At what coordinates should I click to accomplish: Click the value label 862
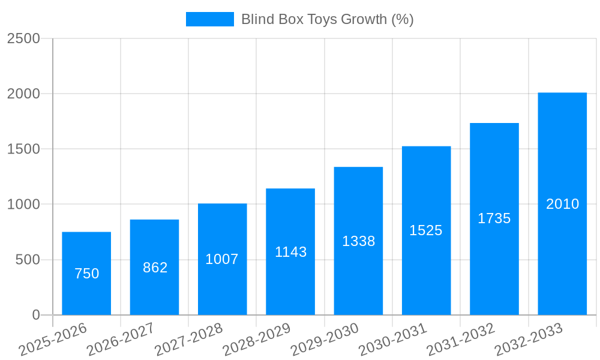click(155, 268)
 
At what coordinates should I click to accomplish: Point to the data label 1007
click(222, 259)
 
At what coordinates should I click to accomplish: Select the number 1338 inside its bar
click(358, 241)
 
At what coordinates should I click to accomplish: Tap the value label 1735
click(494, 218)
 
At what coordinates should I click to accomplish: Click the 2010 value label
click(562, 204)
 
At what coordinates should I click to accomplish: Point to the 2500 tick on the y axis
click(23, 38)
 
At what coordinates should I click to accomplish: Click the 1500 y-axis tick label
click(23, 149)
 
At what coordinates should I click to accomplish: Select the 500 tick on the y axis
click(28, 260)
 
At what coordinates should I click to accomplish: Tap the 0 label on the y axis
click(35, 315)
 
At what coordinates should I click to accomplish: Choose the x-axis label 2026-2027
click(121, 339)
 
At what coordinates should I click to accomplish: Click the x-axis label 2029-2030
click(325, 339)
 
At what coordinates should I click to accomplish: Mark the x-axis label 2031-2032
click(461, 339)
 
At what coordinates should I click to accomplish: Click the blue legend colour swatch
click(209, 19)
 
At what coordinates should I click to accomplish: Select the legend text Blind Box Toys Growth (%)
click(327, 19)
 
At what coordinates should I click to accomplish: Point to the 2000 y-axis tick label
click(23, 94)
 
